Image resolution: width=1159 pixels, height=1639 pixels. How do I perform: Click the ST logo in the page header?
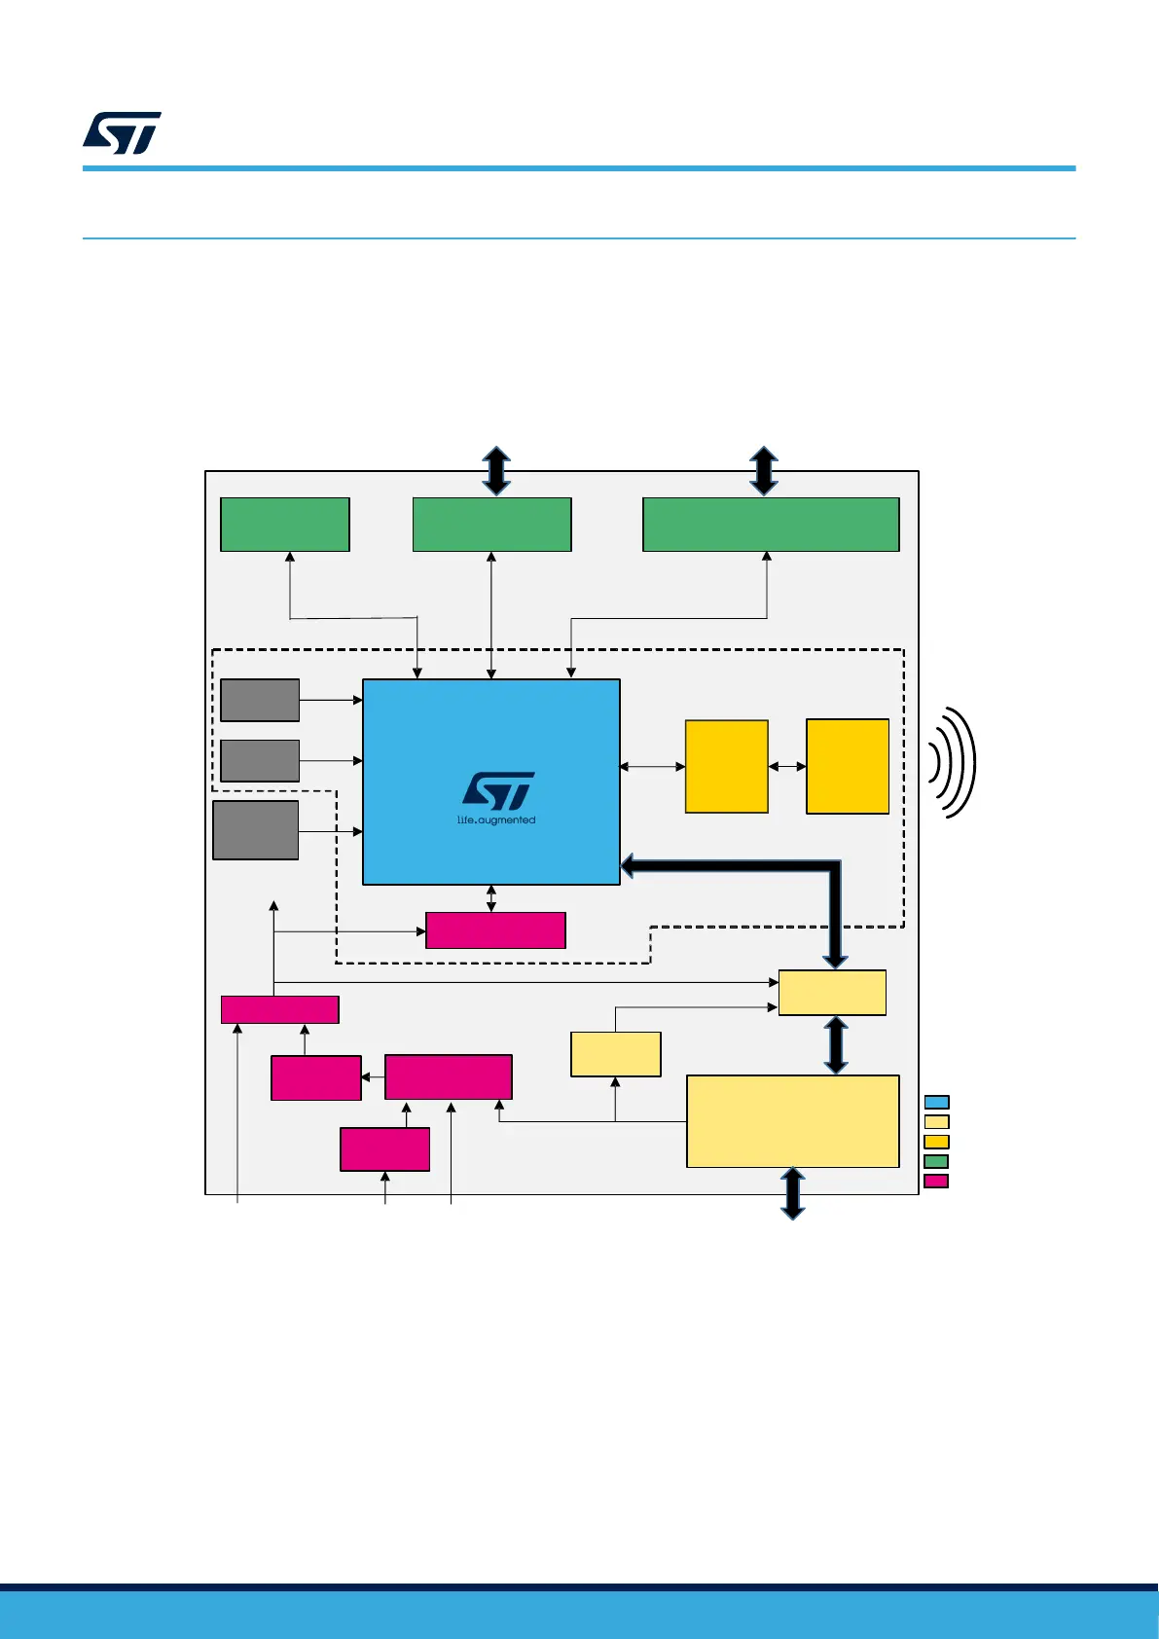pyautogui.click(x=122, y=133)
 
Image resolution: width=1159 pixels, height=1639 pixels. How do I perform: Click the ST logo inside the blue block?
pyautogui.click(x=498, y=791)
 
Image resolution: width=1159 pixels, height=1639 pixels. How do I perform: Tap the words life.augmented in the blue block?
pyautogui.click(x=496, y=820)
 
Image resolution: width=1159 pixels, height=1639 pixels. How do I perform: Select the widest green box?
pyautogui.click(x=771, y=525)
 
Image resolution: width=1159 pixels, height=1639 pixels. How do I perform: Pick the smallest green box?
pyautogui.click(x=285, y=525)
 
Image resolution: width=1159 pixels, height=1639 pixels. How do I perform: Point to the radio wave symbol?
pyautogui.click(x=952, y=762)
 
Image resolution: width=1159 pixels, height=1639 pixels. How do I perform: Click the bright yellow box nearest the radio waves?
pyautogui.click(x=848, y=766)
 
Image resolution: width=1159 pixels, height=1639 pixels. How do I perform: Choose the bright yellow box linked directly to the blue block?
pyautogui.click(x=727, y=766)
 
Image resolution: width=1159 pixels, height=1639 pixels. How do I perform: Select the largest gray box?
pyautogui.click(x=256, y=830)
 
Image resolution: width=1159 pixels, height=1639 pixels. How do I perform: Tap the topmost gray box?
pyautogui.click(x=260, y=700)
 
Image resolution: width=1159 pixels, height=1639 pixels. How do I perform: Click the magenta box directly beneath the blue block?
pyautogui.click(x=495, y=930)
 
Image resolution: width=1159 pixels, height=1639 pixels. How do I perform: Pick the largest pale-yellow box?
pyautogui.click(x=792, y=1121)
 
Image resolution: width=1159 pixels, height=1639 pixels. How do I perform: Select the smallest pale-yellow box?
pyautogui.click(x=616, y=1054)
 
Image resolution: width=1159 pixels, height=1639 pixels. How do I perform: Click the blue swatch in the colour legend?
pyautogui.click(x=936, y=1102)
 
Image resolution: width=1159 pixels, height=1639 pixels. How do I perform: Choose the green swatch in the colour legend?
pyautogui.click(x=936, y=1161)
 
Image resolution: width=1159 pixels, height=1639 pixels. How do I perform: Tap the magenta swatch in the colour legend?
pyautogui.click(x=936, y=1181)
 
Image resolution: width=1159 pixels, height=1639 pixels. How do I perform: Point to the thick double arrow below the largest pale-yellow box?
pyautogui.click(x=793, y=1193)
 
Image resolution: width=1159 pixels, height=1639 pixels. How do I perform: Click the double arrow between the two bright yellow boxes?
pyautogui.click(x=787, y=766)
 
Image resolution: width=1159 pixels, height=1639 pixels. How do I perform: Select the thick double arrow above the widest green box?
pyautogui.click(x=764, y=471)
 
